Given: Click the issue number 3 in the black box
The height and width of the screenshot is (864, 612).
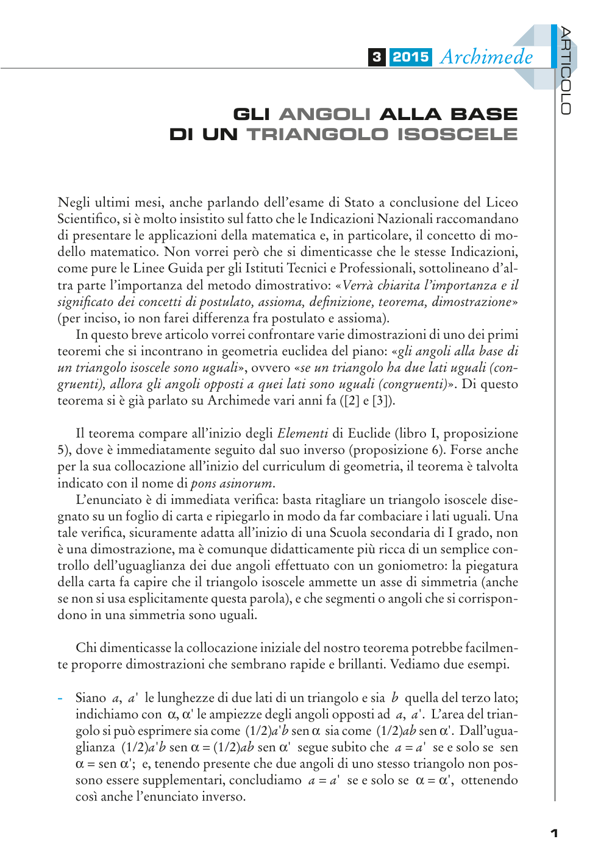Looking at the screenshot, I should click(377, 57).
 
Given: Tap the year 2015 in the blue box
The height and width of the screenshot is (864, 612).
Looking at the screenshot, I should click(410, 57).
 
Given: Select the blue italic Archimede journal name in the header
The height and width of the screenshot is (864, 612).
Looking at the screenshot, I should click(486, 57).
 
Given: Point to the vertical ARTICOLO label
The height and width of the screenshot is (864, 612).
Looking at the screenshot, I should click(566, 70).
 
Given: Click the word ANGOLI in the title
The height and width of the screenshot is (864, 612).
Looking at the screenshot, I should click(324, 115).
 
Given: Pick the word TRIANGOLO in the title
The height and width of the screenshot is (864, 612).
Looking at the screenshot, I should click(317, 135).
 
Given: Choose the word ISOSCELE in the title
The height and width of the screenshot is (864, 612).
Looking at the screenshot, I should click(457, 135).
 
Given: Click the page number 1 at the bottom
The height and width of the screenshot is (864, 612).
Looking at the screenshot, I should click(553, 833).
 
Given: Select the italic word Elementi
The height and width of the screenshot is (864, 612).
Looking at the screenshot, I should click(302, 434).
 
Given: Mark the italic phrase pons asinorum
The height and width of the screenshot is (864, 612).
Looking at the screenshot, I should click(232, 484).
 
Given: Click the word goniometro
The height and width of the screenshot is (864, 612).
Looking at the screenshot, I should click(413, 566).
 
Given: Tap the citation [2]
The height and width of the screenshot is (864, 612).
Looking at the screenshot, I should click(350, 401).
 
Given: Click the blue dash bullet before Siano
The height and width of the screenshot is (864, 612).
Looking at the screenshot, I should click(60, 698).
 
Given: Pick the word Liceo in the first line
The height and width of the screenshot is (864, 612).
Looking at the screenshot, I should click(502, 203).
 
